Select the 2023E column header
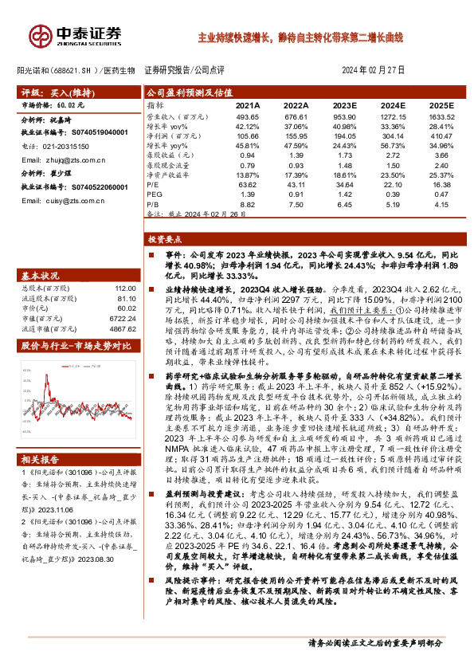pos(343,105)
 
